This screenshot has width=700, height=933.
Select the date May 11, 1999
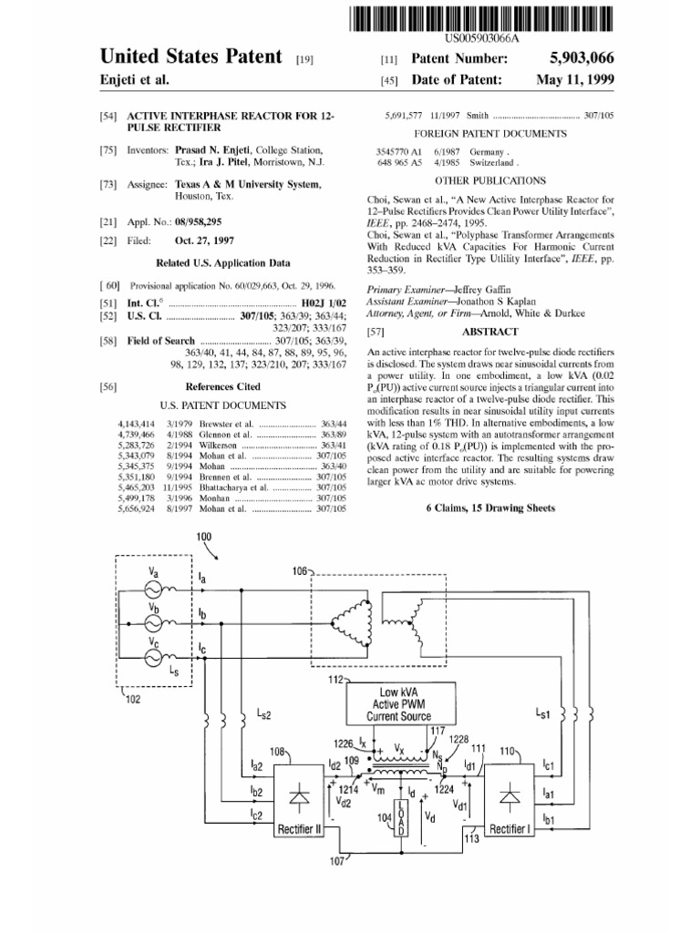point(575,80)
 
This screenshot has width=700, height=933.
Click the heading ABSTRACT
point(489,333)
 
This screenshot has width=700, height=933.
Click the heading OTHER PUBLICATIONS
point(489,180)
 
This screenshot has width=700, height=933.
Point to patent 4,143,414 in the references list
point(137,425)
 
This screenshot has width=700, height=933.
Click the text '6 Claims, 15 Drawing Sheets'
point(489,509)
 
